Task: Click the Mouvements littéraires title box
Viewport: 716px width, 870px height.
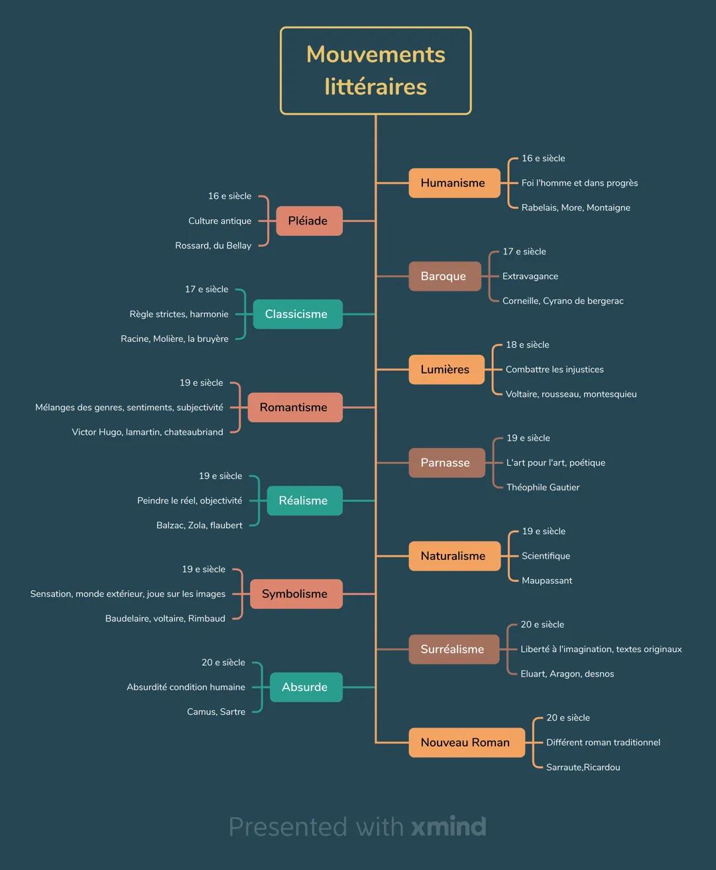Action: pos(375,71)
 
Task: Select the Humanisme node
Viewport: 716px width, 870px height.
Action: pos(453,183)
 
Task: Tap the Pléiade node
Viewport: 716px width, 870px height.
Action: pos(308,221)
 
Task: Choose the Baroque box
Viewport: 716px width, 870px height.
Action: pos(444,276)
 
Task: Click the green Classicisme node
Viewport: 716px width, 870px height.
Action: pos(297,314)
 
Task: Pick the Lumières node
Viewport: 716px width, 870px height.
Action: pos(446,370)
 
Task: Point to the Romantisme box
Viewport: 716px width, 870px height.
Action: pos(294,408)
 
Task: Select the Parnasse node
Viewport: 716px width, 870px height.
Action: pos(446,462)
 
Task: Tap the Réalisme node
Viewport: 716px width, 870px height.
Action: pos(304,501)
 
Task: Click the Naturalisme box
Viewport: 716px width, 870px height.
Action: pos(453,556)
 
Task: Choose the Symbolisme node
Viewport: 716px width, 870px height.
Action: pos(295,594)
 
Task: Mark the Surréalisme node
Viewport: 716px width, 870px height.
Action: pos(453,649)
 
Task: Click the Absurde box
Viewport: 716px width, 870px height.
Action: pos(305,687)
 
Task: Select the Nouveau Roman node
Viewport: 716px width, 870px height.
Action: pos(465,743)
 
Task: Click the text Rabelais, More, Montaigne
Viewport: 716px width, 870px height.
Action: pos(575,208)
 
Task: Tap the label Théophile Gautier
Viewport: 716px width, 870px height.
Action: pos(542,488)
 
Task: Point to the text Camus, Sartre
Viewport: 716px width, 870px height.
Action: pos(216,712)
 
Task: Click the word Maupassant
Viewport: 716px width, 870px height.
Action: pos(546,581)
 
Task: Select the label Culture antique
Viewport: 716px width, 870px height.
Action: pos(219,221)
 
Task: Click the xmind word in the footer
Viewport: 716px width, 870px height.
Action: pos(449,827)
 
